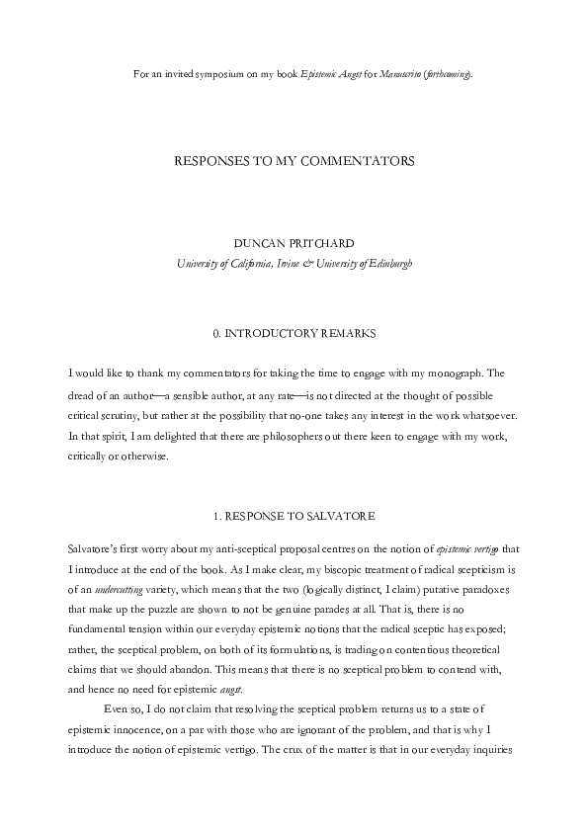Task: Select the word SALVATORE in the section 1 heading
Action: point(346,515)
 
